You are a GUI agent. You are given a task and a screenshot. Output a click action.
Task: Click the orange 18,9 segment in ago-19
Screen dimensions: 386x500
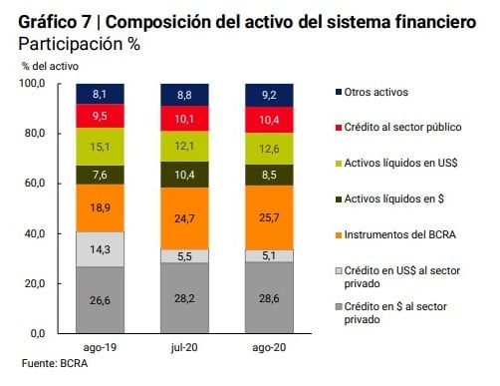[x=100, y=207]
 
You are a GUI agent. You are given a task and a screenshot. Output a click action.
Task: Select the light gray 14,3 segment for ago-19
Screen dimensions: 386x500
[x=100, y=249]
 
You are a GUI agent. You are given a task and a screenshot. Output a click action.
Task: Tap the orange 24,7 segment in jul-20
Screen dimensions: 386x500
[x=186, y=217]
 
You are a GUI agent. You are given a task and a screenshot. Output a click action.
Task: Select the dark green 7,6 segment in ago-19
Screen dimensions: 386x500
[x=100, y=175]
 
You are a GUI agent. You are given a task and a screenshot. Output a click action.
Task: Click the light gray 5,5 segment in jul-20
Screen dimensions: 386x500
[x=186, y=256]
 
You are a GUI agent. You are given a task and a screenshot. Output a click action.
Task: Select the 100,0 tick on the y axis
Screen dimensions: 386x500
[x=33, y=84]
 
